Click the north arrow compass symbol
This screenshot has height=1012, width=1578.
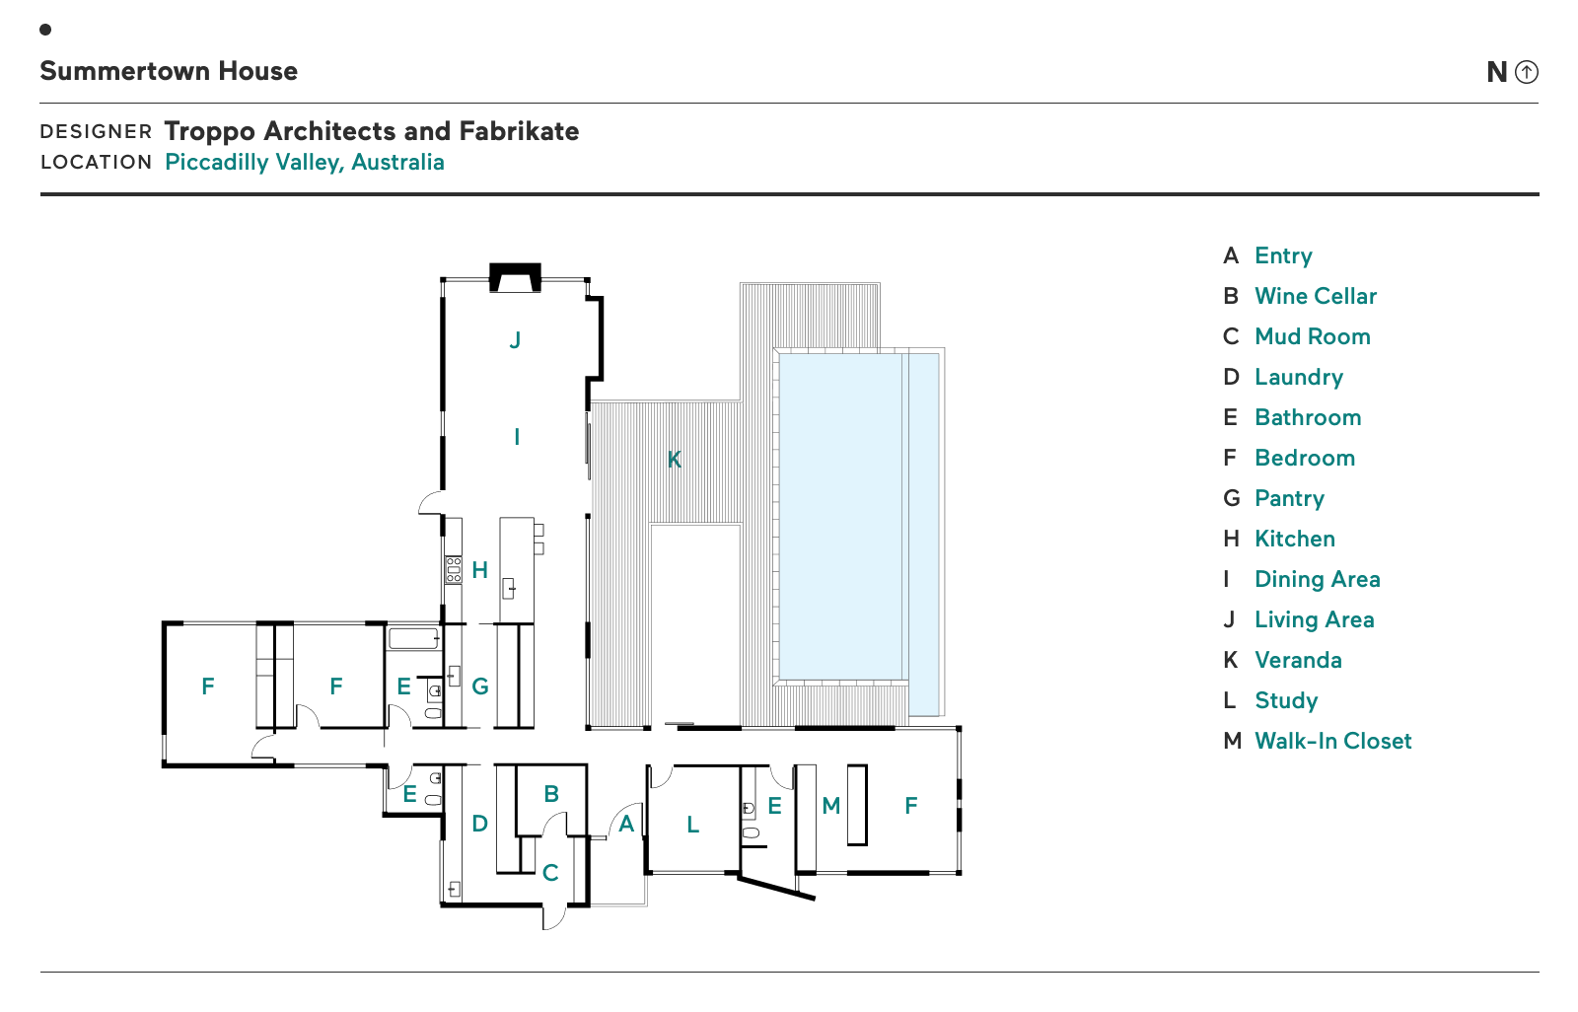click(x=1526, y=72)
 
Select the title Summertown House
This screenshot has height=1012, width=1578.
click(x=169, y=71)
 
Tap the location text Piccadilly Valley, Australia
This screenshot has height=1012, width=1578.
click(x=304, y=162)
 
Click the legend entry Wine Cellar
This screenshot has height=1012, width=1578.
click(x=1315, y=296)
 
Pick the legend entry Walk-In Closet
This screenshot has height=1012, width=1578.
click(x=1332, y=741)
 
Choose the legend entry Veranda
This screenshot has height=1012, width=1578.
click(x=1298, y=660)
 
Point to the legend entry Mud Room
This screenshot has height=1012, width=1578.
click(x=1312, y=336)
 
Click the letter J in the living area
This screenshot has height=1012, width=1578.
click(x=515, y=340)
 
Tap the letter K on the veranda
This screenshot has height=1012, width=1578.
click(x=675, y=460)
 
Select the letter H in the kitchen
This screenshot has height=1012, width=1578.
click(x=480, y=570)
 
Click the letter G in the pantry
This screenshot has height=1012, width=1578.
click(x=480, y=687)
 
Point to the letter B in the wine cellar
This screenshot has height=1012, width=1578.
click(x=551, y=793)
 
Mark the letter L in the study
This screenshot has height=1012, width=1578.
click(x=693, y=825)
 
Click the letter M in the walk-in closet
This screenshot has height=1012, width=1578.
click(x=831, y=806)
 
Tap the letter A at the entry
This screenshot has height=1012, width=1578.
click(x=626, y=825)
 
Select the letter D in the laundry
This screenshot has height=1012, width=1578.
click(x=480, y=824)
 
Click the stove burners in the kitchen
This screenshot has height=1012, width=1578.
click(x=454, y=569)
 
